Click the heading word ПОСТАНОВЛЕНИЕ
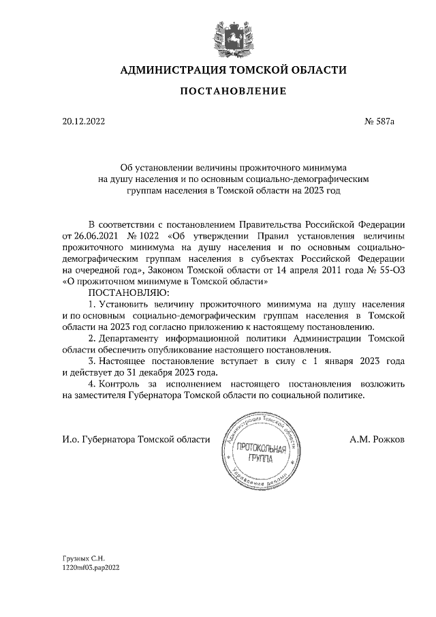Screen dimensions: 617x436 coord(234,91)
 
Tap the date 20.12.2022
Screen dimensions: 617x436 coord(83,122)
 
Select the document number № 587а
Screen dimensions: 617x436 coord(380,122)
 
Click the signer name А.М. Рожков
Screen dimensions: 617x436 coord(377,440)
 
